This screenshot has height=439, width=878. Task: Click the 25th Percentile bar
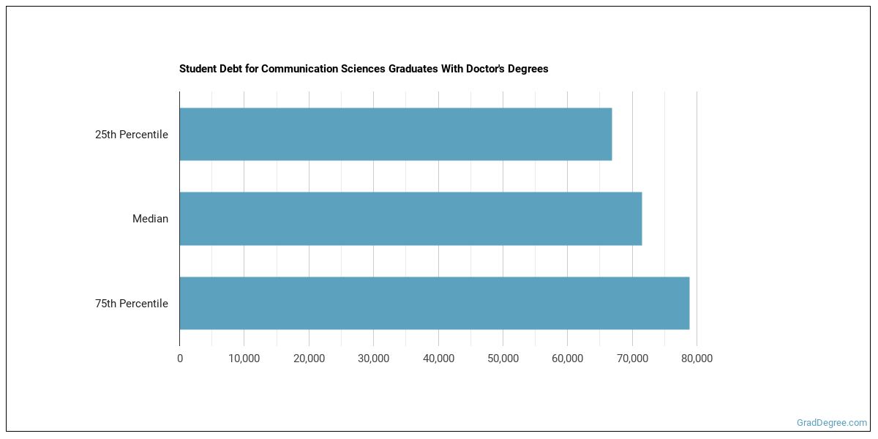click(x=395, y=134)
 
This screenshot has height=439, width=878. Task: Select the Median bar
click(x=410, y=218)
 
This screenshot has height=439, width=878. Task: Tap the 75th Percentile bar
click(x=434, y=303)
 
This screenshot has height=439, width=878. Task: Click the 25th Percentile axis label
click(x=132, y=135)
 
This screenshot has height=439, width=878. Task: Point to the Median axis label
click(x=150, y=219)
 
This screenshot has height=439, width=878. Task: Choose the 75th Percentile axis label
click(x=132, y=304)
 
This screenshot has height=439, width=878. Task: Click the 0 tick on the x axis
click(x=180, y=359)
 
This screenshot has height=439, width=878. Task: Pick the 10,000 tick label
click(x=244, y=359)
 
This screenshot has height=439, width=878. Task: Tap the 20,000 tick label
click(x=309, y=359)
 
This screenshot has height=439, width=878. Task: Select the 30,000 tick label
click(x=373, y=359)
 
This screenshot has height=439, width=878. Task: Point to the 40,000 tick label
click(x=438, y=359)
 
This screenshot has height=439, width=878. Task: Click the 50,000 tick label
click(x=503, y=359)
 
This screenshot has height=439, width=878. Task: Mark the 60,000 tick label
click(x=567, y=359)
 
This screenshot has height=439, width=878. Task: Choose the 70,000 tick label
click(x=632, y=359)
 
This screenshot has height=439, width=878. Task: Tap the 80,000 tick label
click(x=697, y=359)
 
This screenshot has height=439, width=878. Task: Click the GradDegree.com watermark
click(x=831, y=422)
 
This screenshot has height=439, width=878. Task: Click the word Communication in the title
click(x=299, y=69)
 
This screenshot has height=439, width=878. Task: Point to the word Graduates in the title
click(x=412, y=69)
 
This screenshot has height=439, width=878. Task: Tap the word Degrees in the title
click(x=528, y=69)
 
